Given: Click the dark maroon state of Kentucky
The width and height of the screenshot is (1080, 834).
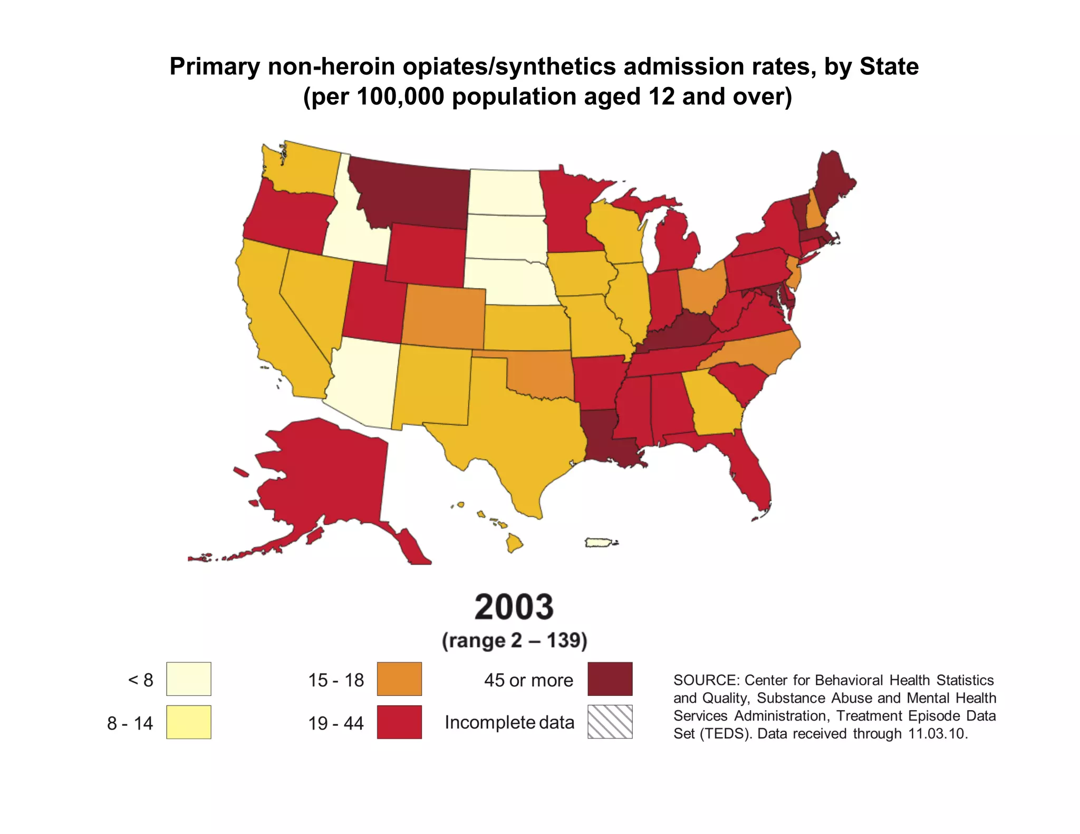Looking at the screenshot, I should click(675, 332).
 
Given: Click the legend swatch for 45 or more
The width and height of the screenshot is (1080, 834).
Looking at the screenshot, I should click(610, 679).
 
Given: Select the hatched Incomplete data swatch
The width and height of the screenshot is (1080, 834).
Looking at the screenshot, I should click(610, 722).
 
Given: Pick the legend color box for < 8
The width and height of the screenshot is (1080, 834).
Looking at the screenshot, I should click(188, 679).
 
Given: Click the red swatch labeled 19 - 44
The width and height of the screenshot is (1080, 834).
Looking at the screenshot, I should click(399, 722).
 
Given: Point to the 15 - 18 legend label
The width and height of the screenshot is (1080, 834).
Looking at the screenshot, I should click(336, 680).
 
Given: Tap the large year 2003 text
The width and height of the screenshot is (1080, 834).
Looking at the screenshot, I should click(514, 607).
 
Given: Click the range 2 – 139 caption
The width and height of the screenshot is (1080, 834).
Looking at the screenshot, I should click(514, 641).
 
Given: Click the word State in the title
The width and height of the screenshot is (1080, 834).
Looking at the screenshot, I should click(889, 67).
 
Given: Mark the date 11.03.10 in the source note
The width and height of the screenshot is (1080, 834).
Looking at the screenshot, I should click(937, 733).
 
